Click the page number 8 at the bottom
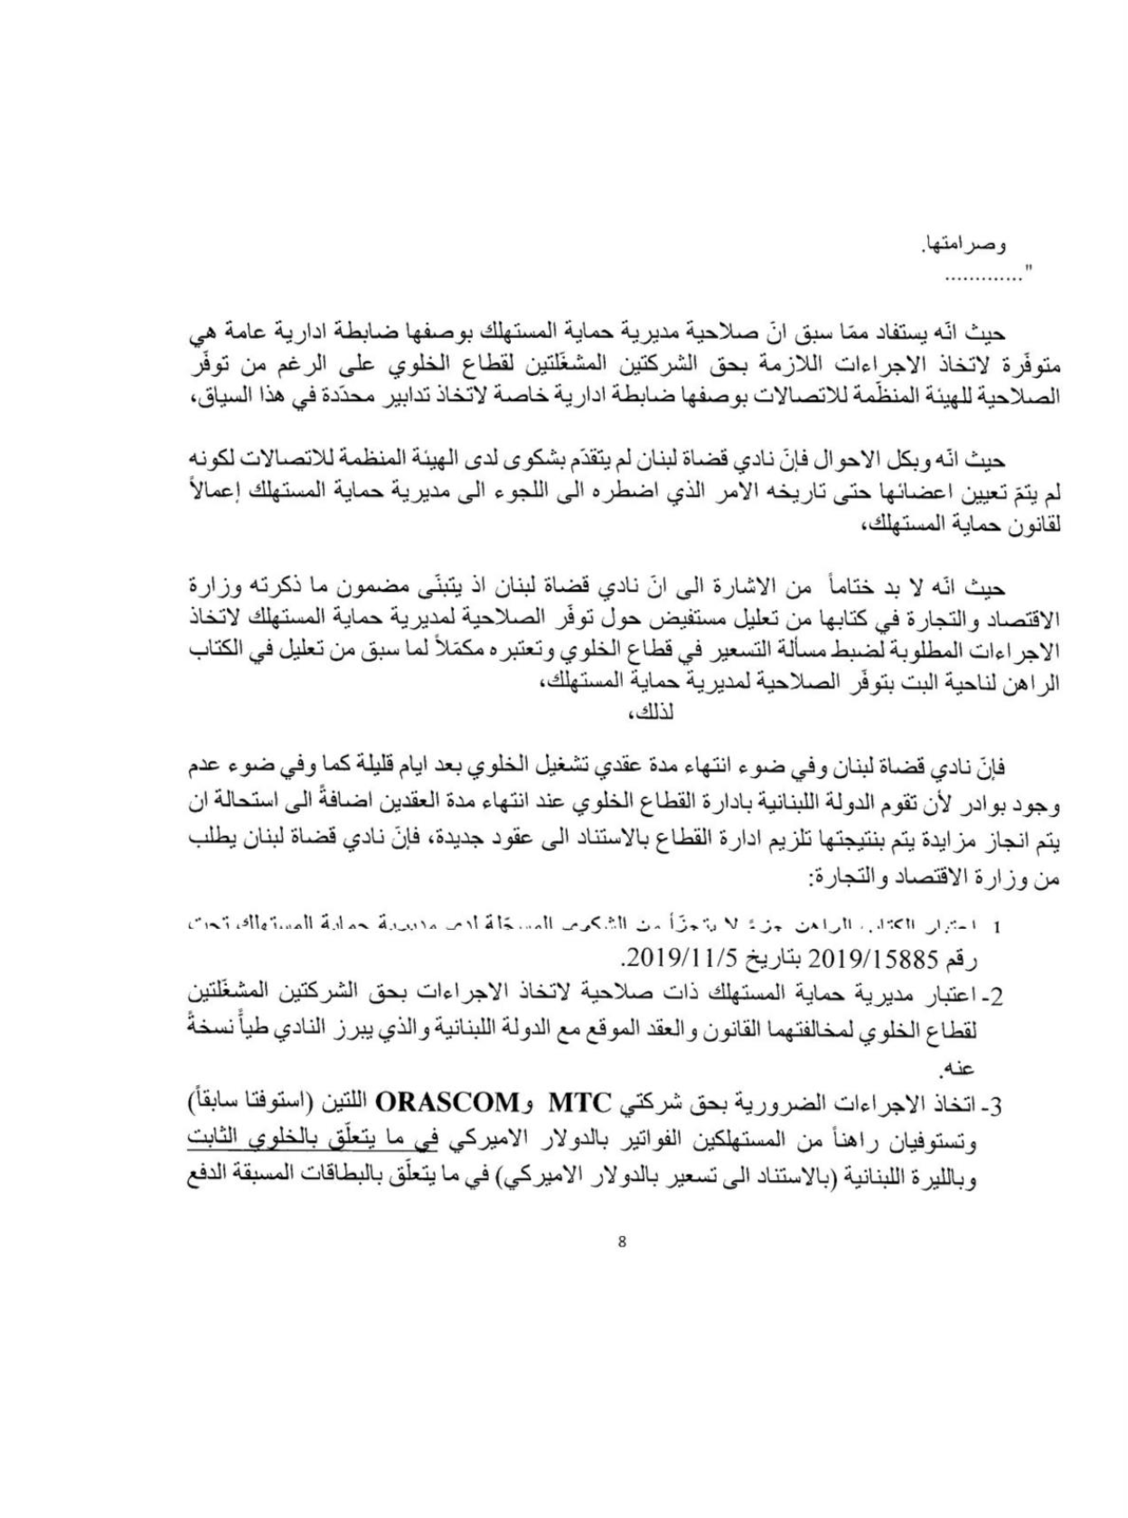pos(621,1241)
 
